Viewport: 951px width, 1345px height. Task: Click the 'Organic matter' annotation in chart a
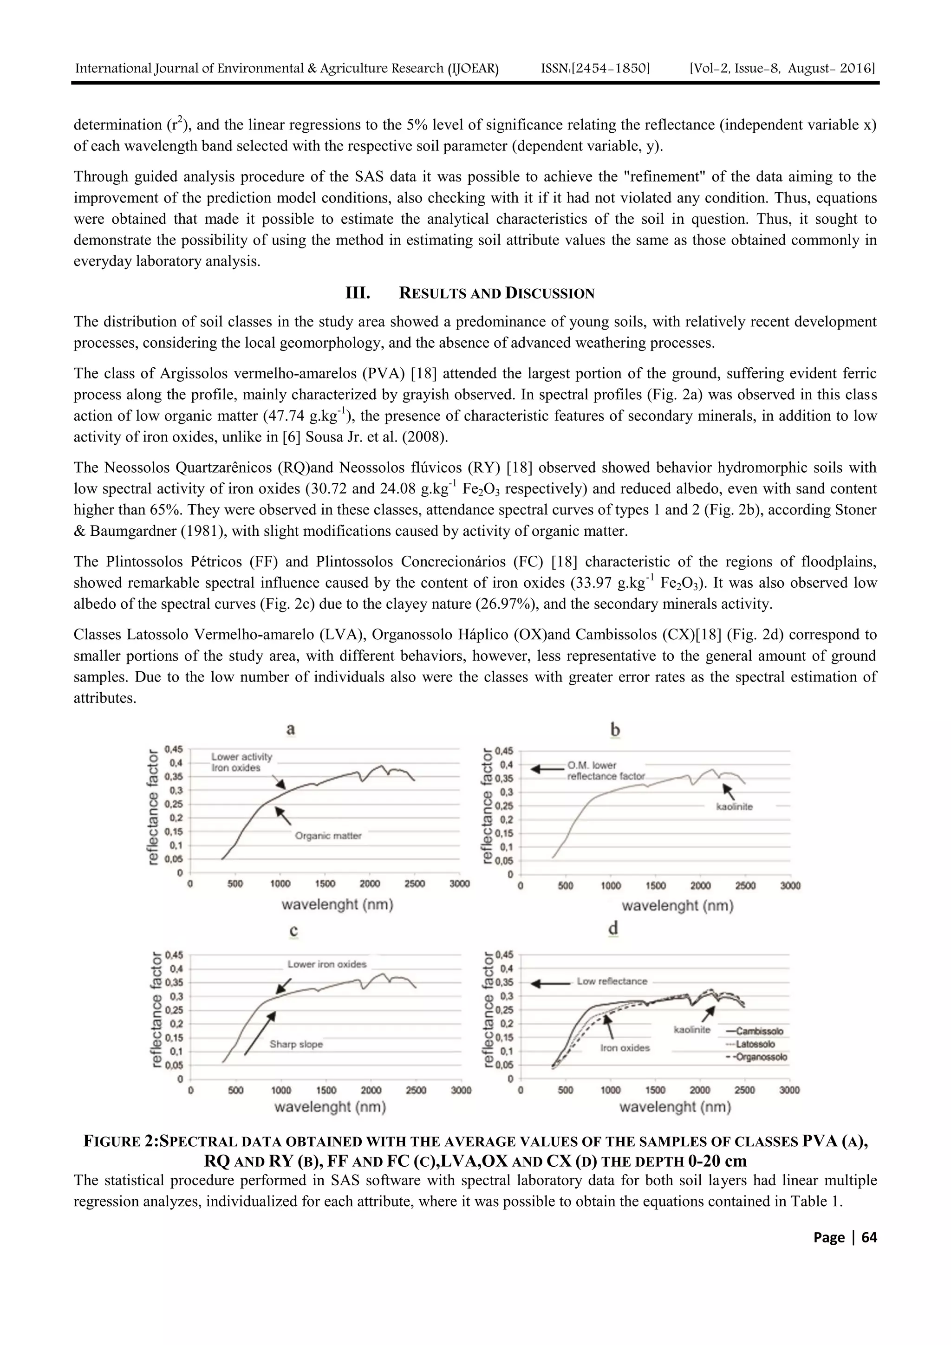click(328, 836)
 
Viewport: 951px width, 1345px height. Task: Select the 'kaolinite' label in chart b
click(734, 806)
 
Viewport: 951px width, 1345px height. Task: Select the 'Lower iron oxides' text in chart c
click(327, 964)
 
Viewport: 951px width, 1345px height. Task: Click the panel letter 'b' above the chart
click(615, 730)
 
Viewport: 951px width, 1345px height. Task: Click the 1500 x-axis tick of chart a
click(325, 884)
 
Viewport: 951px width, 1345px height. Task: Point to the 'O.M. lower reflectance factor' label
click(606, 770)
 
